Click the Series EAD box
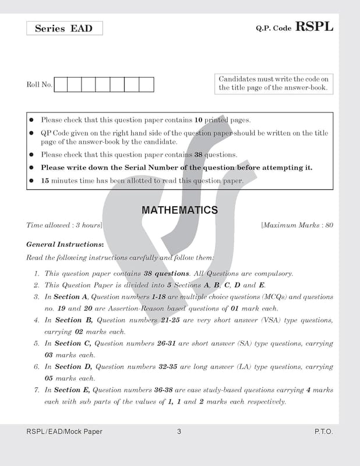click(x=64, y=29)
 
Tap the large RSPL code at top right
click(x=315, y=26)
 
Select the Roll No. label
click(x=39, y=85)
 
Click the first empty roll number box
click(x=60, y=85)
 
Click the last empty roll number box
click(x=147, y=85)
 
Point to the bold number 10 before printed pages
click(x=199, y=120)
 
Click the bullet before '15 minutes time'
click(x=31, y=181)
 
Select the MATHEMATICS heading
click(x=180, y=210)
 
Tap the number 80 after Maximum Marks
click(x=329, y=225)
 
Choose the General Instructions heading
click(x=65, y=245)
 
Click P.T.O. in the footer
click(x=323, y=432)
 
